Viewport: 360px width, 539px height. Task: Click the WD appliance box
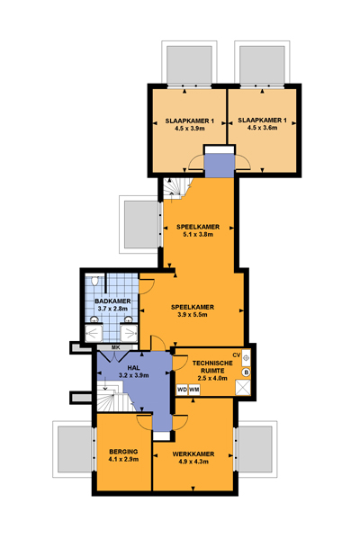click(x=182, y=390)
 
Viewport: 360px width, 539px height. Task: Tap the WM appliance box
click(x=194, y=390)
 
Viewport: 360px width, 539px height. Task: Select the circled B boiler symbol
click(x=247, y=372)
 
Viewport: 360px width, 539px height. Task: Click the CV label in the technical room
click(x=236, y=355)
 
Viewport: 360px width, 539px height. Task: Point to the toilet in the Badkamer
click(x=94, y=281)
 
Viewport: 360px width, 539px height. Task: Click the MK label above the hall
click(x=115, y=347)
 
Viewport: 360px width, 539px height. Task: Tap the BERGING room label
click(x=123, y=452)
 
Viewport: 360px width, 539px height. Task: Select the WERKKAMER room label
click(x=193, y=454)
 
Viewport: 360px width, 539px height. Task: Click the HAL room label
click(x=133, y=368)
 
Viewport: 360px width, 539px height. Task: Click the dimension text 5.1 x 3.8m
click(x=198, y=235)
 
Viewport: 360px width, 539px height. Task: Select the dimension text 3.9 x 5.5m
click(x=193, y=315)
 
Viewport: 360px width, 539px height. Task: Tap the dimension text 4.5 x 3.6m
click(x=262, y=128)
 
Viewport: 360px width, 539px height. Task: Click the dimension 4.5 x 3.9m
click(x=190, y=129)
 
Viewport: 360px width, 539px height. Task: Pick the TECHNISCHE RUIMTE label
click(x=212, y=367)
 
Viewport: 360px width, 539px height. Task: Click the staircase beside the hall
click(x=111, y=398)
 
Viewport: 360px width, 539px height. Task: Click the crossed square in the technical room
click(x=243, y=388)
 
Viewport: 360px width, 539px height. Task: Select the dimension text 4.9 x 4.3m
click(x=193, y=462)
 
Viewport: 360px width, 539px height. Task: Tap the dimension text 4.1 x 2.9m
click(x=123, y=459)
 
